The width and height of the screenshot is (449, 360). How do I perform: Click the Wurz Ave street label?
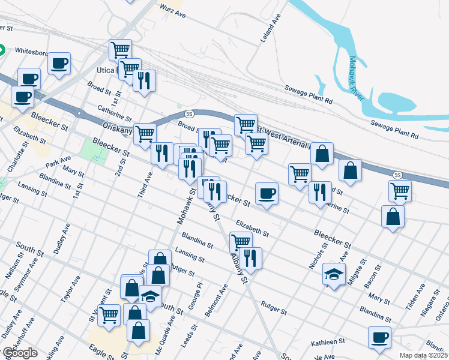[x=172, y=9]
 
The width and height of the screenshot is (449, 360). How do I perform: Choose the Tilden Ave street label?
[x=412, y=298]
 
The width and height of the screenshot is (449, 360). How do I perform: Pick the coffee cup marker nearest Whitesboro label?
[x=59, y=63]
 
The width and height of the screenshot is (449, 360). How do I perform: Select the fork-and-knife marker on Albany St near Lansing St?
[x=250, y=258]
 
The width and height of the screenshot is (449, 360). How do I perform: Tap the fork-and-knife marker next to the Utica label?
[x=144, y=80]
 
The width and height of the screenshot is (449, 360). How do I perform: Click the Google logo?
[x=20, y=353]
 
